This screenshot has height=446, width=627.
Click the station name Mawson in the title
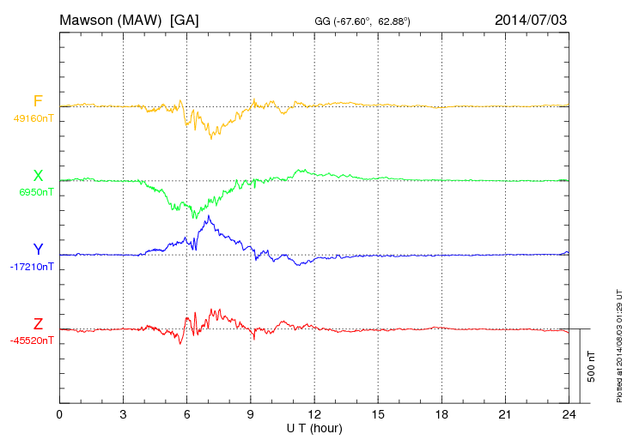pos(87,19)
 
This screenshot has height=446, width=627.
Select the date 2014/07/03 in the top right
pos(531,19)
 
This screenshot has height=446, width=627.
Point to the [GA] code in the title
pos(185,19)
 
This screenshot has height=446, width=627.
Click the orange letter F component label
pos(38,101)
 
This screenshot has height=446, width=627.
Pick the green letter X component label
pos(38,176)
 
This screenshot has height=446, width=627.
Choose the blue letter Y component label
pos(38,250)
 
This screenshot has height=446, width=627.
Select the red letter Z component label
pos(38,324)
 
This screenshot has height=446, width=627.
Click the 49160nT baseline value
pos(33,118)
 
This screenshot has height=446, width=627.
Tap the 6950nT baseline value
pos(36,192)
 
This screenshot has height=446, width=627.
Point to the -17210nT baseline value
pos(32,267)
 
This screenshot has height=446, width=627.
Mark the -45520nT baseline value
pos(32,341)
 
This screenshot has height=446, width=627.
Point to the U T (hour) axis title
pos(314,428)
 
